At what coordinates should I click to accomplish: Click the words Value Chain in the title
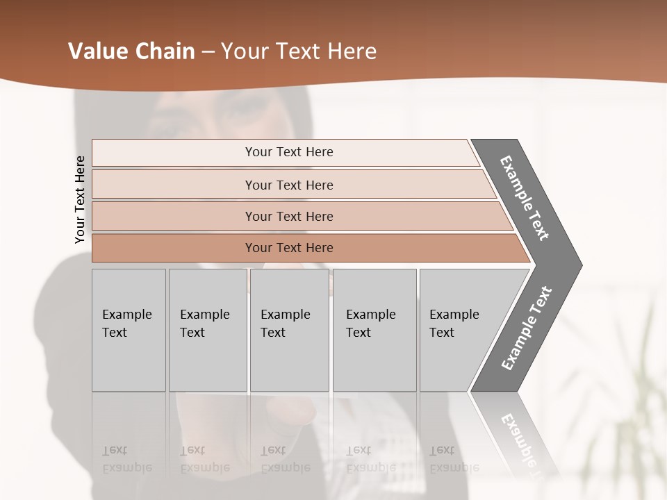tap(131, 51)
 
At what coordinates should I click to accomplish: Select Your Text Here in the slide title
tap(299, 51)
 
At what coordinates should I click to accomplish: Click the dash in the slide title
tap(208, 52)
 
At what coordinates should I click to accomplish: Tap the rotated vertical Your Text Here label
tap(80, 199)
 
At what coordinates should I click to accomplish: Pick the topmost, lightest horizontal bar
tap(289, 152)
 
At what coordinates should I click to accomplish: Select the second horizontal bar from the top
tap(289, 185)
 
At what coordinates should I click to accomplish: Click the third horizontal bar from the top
tap(289, 216)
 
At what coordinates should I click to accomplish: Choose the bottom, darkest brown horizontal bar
tap(289, 248)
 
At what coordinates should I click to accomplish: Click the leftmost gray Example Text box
tap(128, 330)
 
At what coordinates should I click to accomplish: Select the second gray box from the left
tap(207, 330)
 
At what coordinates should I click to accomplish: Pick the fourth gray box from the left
tap(374, 330)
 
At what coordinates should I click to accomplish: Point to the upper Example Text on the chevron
tap(525, 198)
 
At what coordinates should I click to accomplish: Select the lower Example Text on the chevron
tap(526, 328)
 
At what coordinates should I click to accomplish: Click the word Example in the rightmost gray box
tap(454, 315)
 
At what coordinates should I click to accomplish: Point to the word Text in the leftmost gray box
tap(115, 333)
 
